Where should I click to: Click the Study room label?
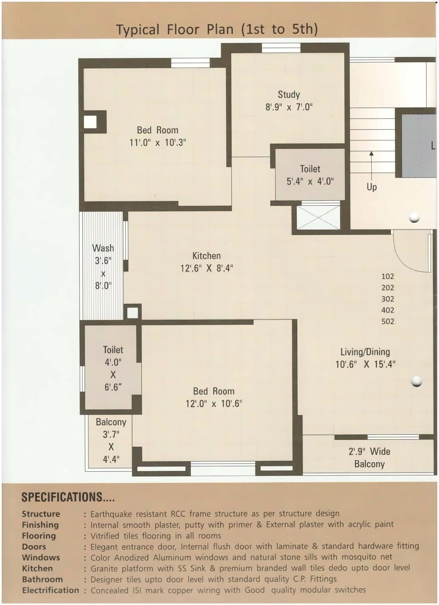[x=289, y=95]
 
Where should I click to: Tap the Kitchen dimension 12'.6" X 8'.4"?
[x=207, y=268]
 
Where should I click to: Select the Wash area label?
[x=103, y=248]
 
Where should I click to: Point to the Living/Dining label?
[x=365, y=352]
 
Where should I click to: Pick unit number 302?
[x=388, y=299]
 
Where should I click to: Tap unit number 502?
[x=388, y=321]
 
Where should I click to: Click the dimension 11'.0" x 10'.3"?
[x=158, y=143]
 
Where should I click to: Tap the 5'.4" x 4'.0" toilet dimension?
[x=310, y=181]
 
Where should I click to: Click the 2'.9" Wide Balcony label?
[x=369, y=458]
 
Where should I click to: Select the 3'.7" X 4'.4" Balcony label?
[x=111, y=441]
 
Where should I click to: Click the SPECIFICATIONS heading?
[x=68, y=497]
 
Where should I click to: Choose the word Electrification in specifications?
[x=51, y=590]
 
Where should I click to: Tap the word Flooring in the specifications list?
[x=39, y=536]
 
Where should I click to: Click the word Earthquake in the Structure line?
[x=111, y=514]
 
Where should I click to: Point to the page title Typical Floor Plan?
[x=217, y=29]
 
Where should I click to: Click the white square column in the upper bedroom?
[x=90, y=122]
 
